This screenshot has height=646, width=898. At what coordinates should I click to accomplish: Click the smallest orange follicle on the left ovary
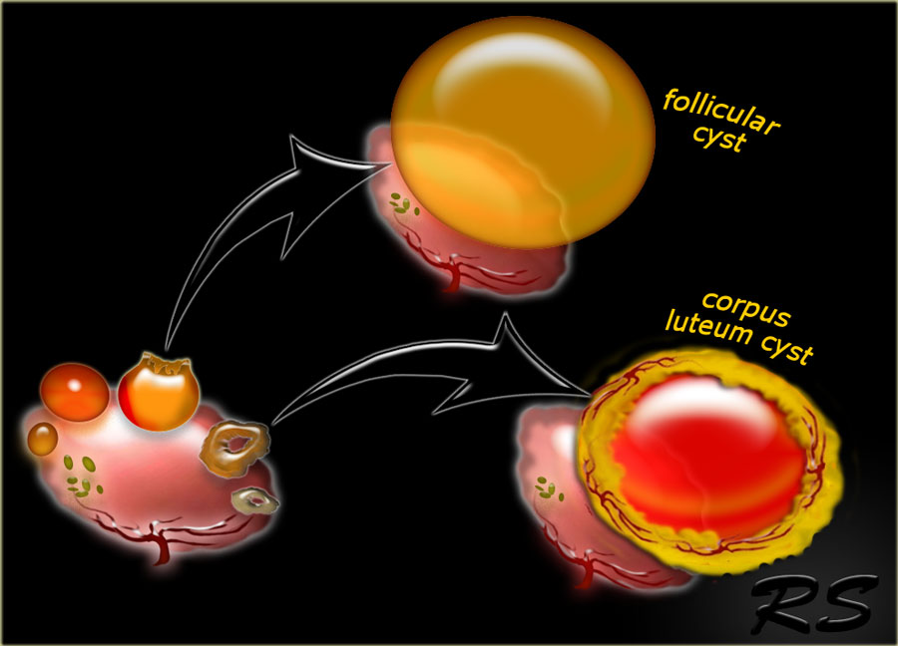click(x=43, y=439)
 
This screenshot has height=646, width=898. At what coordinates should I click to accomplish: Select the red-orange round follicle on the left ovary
click(x=75, y=392)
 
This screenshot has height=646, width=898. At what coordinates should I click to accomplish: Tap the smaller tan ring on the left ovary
click(x=255, y=499)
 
